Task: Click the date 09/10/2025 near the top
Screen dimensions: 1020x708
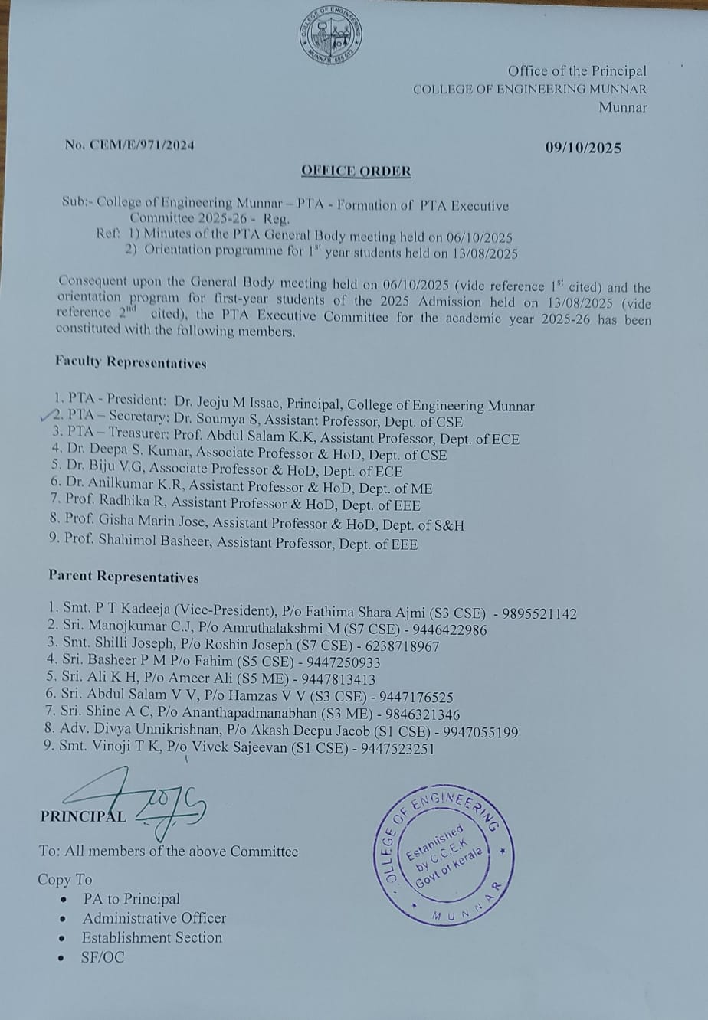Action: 583,149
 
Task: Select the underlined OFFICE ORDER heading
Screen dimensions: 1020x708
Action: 356,171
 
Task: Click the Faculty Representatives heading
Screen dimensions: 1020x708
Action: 130,362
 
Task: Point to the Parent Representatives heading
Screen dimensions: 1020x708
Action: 123,577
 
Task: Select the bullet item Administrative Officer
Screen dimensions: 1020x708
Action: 154,918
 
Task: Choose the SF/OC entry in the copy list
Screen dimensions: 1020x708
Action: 103,957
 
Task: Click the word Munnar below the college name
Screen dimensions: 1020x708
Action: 623,107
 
